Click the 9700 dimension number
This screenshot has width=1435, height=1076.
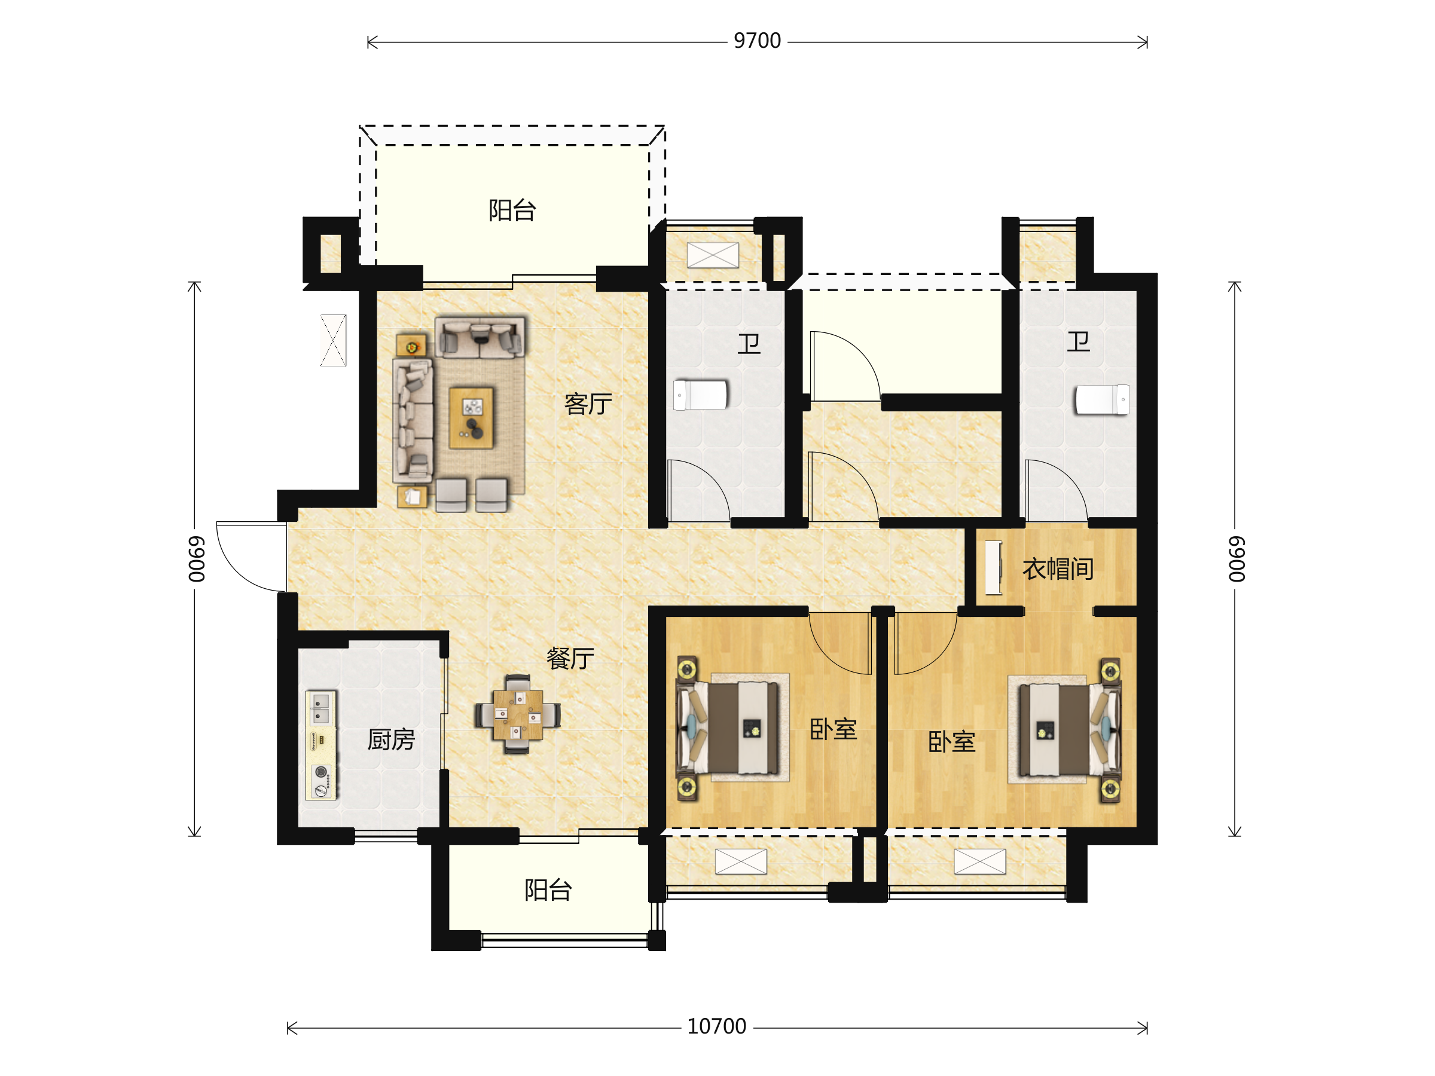pos(757,41)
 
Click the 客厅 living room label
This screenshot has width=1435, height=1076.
pos(588,404)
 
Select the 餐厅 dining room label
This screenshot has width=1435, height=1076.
pos(570,658)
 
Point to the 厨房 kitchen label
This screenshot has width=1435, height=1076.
pos(391,739)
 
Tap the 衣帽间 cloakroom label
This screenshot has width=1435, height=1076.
pos(1058,569)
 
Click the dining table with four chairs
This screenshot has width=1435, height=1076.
pos(518,715)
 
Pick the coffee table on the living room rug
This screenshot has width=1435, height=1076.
pos(472,418)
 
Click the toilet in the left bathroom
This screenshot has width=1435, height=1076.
pos(701,395)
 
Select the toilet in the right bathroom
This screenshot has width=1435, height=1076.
pos(1102,399)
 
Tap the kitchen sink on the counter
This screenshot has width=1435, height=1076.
pos(320,708)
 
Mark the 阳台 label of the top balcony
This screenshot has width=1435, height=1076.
pos(512,210)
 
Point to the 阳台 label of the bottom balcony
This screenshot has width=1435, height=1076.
pos(548,890)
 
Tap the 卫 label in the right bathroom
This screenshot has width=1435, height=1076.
pos(1079,341)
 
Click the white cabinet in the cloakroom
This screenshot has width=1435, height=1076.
pos(993,567)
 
